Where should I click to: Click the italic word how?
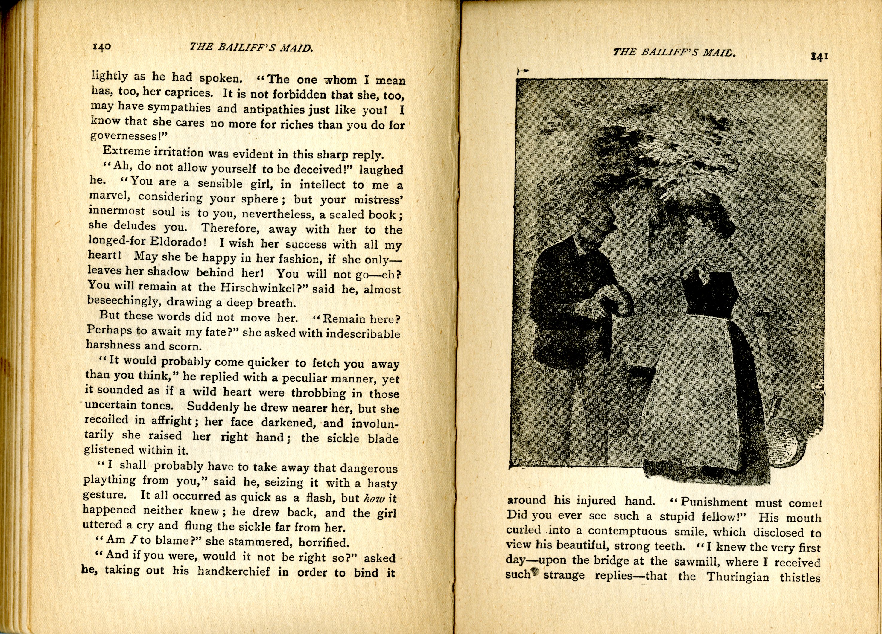(374, 498)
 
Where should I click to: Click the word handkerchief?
(233, 572)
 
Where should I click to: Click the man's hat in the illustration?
(595, 221)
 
